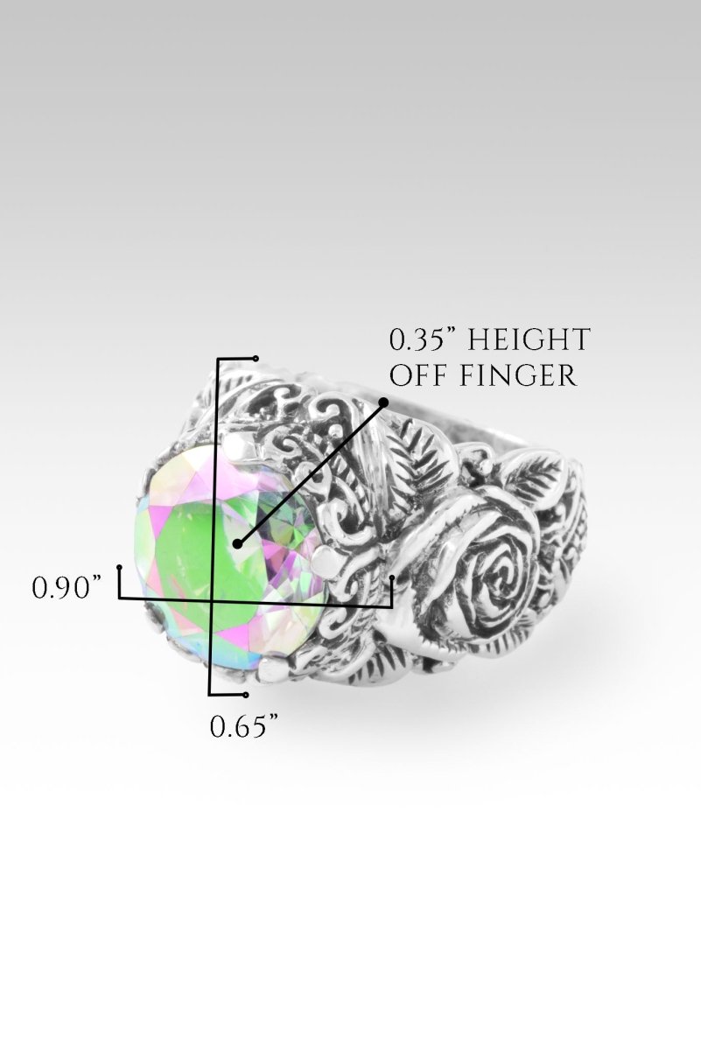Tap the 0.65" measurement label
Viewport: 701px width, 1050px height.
244,726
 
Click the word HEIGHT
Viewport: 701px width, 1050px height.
536,339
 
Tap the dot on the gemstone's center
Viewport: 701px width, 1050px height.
237,544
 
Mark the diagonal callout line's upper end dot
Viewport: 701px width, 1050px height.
383,402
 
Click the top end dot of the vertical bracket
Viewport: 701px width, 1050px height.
255,358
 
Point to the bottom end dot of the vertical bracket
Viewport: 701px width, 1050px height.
247,695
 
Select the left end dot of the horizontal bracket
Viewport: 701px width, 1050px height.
119,568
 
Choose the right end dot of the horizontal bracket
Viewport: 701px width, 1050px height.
393,577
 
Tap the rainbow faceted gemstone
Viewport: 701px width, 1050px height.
219,560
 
